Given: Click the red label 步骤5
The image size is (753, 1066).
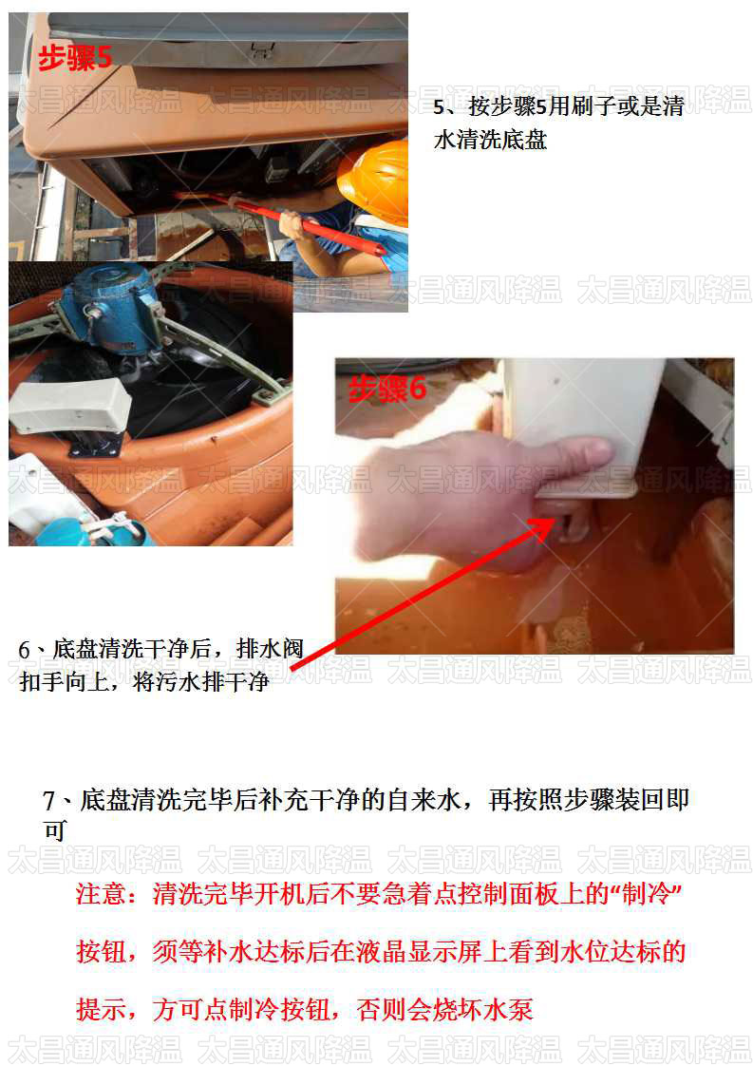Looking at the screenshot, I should point(74,58).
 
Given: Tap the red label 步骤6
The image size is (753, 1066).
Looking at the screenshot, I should point(388,388).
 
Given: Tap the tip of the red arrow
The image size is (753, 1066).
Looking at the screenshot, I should point(553,522).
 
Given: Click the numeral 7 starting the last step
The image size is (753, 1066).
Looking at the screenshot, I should point(49,801).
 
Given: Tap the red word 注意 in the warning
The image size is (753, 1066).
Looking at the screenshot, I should point(99,895).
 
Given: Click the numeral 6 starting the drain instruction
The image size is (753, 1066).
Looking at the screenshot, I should point(25,651).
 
